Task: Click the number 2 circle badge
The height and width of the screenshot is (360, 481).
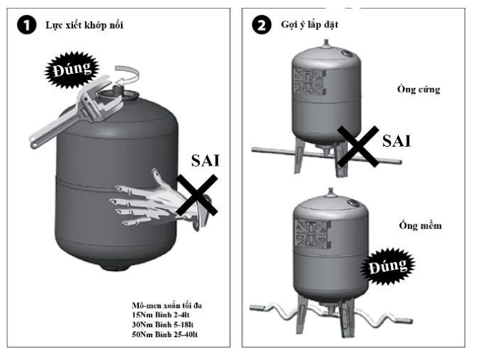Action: tap(263, 26)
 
